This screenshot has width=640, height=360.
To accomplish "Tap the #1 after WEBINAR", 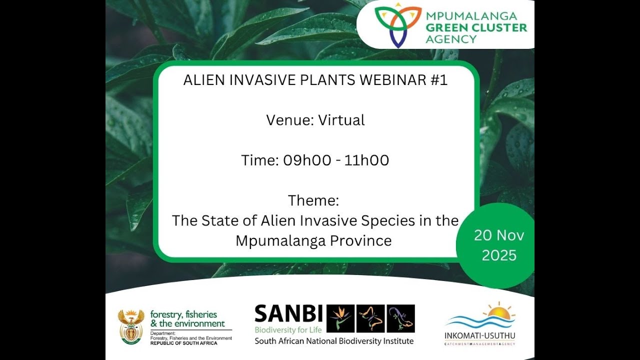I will point(438,80).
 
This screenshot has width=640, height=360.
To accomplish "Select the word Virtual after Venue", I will point(341,120).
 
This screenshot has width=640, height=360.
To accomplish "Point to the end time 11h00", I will point(366,160).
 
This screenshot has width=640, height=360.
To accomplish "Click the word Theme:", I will point(313,200).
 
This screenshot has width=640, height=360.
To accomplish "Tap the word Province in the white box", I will point(360,240).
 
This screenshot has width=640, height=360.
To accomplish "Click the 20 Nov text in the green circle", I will point(499,235).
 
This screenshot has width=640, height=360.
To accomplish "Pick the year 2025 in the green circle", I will point(499,255).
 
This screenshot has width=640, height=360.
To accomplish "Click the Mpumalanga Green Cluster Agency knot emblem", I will point(398,24).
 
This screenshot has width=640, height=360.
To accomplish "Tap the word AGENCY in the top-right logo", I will point(451,39).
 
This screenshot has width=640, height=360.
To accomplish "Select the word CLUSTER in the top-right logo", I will point(492,27).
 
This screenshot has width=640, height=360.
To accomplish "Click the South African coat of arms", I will point(131,326).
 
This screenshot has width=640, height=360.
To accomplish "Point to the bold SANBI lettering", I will point(288,314).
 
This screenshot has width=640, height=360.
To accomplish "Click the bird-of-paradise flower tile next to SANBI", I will point(341,318).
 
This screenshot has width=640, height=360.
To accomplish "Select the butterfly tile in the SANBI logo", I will point(371,318).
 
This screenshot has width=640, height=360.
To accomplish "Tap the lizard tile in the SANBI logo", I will point(400,318).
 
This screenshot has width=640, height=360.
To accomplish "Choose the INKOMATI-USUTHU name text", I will point(479,334).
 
